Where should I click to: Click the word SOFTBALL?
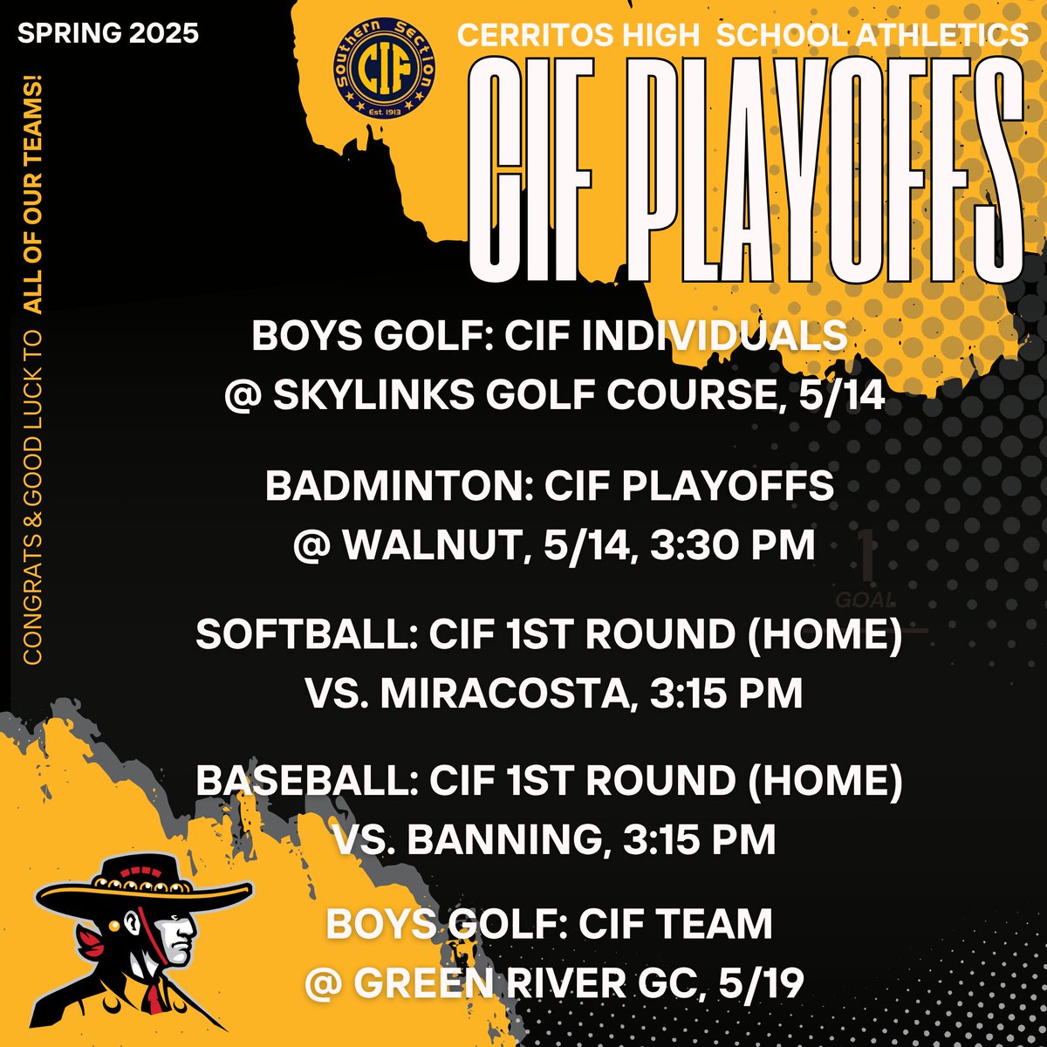[x=305, y=634]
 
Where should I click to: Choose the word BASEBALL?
[x=305, y=780]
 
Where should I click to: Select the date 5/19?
[x=760, y=983]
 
